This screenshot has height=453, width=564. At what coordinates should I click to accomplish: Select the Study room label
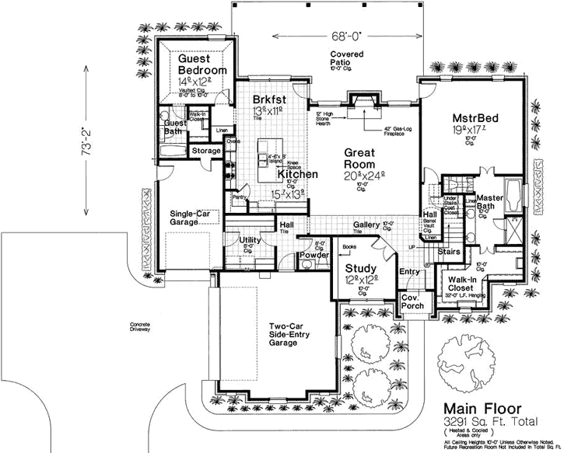tap(361, 268)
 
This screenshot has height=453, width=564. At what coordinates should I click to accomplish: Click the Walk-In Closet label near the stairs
tap(462, 282)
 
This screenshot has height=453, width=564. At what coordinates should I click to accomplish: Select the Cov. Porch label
tap(411, 302)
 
